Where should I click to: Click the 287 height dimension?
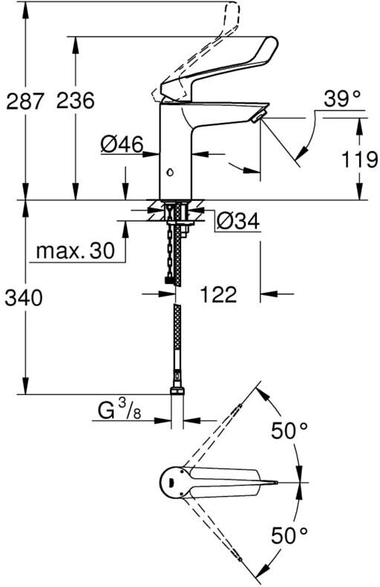[x=24, y=101]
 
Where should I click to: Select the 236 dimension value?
[x=75, y=101]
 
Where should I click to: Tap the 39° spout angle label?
[x=342, y=99]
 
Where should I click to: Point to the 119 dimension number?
[x=359, y=160]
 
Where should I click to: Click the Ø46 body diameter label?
[x=122, y=145]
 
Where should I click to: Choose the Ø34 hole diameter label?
[x=238, y=221]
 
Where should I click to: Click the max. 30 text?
[x=75, y=251]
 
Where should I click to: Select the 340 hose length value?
[x=24, y=299]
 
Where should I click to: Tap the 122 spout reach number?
[x=218, y=295]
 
